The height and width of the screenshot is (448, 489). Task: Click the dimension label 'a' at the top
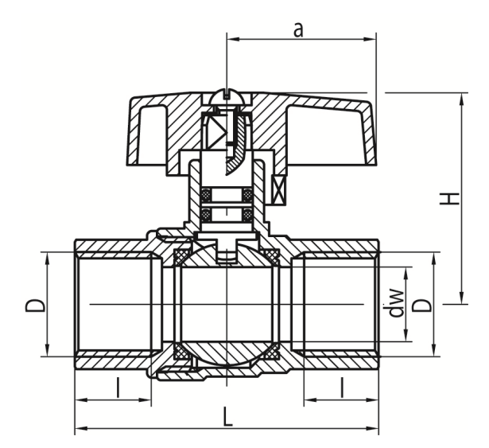coord(298,30)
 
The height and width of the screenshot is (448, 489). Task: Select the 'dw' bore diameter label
coord(397,302)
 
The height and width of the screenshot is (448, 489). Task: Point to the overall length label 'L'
coord(228,416)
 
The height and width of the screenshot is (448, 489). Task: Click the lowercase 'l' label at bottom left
coord(118,388)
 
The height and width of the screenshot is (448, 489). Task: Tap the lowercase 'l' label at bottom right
coord(342,388)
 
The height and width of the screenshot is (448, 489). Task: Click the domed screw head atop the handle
coord(227,97)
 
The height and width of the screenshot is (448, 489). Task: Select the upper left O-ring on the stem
coord(206,195)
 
